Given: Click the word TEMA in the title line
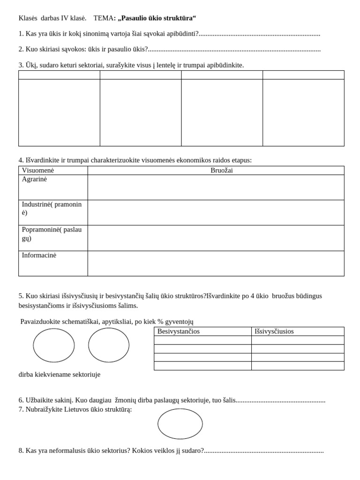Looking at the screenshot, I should (x=103, y=18).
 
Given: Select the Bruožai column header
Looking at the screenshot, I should (x=221, y=171).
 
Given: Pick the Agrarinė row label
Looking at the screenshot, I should (x=34, y=179).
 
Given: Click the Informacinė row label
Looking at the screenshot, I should (x=39, y=255).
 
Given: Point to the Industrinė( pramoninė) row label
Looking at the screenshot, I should (x=52, y=208).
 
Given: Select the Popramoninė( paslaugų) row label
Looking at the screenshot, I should (x=52, y=233).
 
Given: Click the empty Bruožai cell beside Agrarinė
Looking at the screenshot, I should (x=216, y=187).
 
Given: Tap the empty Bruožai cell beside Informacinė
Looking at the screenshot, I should (x=216, y=263).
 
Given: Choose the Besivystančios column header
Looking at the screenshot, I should (x=179, y=331).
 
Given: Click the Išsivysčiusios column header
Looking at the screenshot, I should (x=274, y=331).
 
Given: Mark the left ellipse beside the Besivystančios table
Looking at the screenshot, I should (x=54, y=345).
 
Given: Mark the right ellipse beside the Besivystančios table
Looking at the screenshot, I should (x=109, y=345).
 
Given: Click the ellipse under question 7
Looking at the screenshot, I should (x=180, y=424).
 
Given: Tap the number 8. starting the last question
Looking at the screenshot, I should (x=21, y=450).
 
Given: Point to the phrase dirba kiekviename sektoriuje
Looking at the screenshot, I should (x=60, y=375).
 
